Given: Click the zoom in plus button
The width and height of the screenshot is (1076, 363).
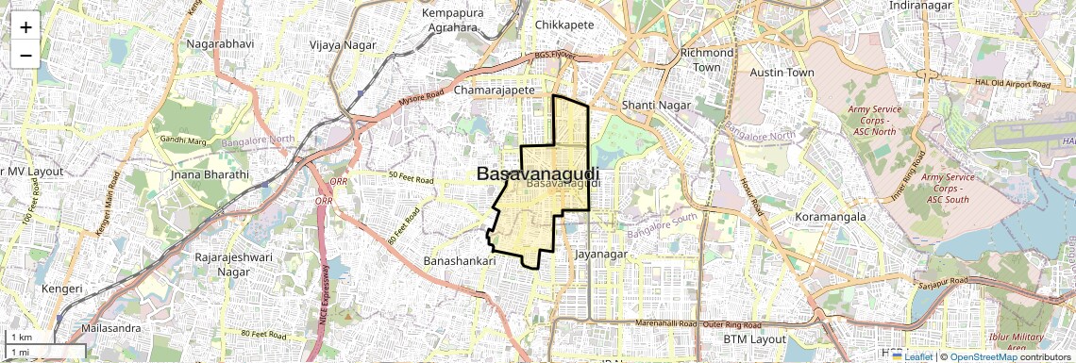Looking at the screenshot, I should pyautogui.click(x=25, y=27).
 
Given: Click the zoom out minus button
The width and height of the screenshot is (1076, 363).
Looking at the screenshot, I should pyautogui.click(x=25, y=55).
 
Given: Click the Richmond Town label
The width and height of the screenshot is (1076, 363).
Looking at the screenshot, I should pyautogui.click(x=706, y=60).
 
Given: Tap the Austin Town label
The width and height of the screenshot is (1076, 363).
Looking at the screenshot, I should pyautogui.click(x=781, y=72).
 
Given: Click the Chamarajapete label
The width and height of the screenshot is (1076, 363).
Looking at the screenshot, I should pyautogui.click(x=495, y=91).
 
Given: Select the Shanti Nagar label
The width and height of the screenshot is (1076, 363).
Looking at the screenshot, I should pyautogui.click(x=658, y=105).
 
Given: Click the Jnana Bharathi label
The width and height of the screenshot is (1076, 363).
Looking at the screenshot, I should pyautogui.click(x=210, y=174).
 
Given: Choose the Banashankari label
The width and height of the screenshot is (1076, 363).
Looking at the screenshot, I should pyautogui.click(x=460, y=260).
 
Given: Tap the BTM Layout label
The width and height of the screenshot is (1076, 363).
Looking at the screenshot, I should pyautogui.click(x=754, y=338).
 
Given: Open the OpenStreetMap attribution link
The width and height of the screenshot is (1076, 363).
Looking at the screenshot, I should pyautogui.click(x=983, y=356).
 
